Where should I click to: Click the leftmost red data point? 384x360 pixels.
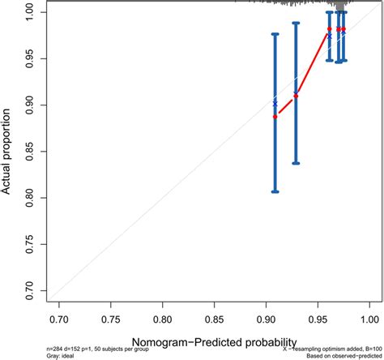coord(275,117)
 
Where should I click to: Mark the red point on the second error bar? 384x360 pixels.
coord(296,96)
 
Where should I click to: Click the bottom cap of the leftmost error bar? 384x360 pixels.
coord(275,191)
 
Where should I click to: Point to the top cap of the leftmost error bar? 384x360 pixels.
coord(275,34)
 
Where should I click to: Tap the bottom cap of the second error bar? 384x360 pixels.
coord(296,163)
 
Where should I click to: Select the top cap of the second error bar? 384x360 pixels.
coord(296,23)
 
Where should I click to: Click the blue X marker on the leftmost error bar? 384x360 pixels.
coord(275,105)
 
